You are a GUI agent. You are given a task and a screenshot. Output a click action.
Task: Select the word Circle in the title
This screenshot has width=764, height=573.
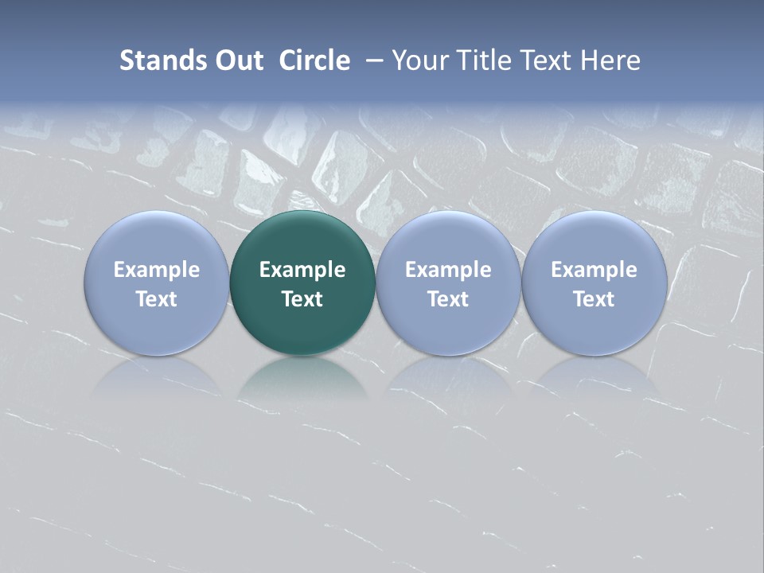click(314, 60)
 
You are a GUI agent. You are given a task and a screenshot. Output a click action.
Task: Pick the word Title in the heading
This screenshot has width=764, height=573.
click(486, 60)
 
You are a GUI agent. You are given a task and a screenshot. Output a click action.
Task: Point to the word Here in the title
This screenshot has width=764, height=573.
click(610, 60)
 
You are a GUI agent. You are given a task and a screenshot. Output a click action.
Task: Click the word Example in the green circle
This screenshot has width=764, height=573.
click(302, 270)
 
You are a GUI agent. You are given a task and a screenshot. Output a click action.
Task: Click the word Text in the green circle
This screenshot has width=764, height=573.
click(302, 299)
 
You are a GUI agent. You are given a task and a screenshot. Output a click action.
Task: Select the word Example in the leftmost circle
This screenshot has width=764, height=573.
click(156, 270)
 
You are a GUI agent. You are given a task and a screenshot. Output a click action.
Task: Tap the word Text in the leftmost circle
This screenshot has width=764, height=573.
click(156, 299)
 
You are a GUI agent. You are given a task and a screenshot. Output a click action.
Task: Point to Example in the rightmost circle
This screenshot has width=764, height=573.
click(594, 270)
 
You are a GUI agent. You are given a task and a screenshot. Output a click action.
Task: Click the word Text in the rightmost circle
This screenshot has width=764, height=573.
click(594, 299)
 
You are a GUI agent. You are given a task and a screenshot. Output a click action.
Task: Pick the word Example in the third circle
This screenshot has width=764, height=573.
click(448, 270)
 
